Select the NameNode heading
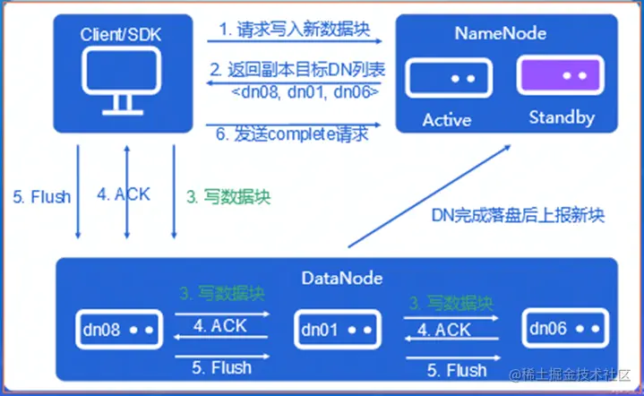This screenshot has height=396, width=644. click(x=502, y=34)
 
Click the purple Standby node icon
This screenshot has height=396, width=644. click(x=554, y=79)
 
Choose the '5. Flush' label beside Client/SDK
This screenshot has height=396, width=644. click(x=42, y=196)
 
